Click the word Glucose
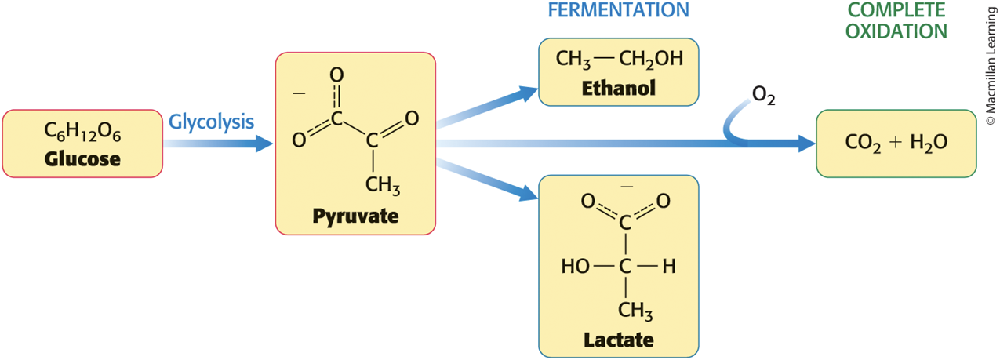pyautogui.click(x=82, y=159)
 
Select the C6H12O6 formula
pyautogui.click(x=82, y=132)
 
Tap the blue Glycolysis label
pyautogui.click(x=211, y=122)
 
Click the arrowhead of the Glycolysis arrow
pyautogui.click(x=264, y=144)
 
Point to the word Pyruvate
pyautogui.click(x=355, y=216)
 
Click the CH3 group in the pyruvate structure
pyautogui.click(x=383, y=185)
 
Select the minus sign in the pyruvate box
pyautogui.click(x=299, y=93)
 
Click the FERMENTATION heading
pyautogui.click(x=619, y=10)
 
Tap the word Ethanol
pyautogui.click(x=619, y=88)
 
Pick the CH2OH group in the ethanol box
pyautogui.click(x=651, y=59)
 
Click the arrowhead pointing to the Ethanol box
pyautogui.click(x=528, y=94)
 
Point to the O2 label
pyautogui.click(x=763, y=96)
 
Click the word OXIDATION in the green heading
pyautogui.click(x=896, y=31)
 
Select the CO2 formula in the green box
pyautogui.click(x=863, y=143)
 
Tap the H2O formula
pyautogui.click(x=929, y=143)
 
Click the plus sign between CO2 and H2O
pyautogui.click(x=896, y=142)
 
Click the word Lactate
pyautogui.click(x=619, y=340)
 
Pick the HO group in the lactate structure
pyautogui.click(x=576, y=267)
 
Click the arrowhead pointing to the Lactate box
pyautogui.click(x=528, y=193)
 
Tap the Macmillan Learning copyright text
pyautogui.click(x=991, y=66)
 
